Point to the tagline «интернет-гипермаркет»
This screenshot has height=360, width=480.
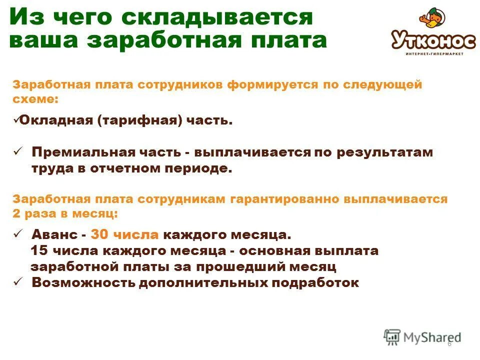click(x=434, y=53)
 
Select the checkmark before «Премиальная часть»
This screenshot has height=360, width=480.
click(x=17, y=151)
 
